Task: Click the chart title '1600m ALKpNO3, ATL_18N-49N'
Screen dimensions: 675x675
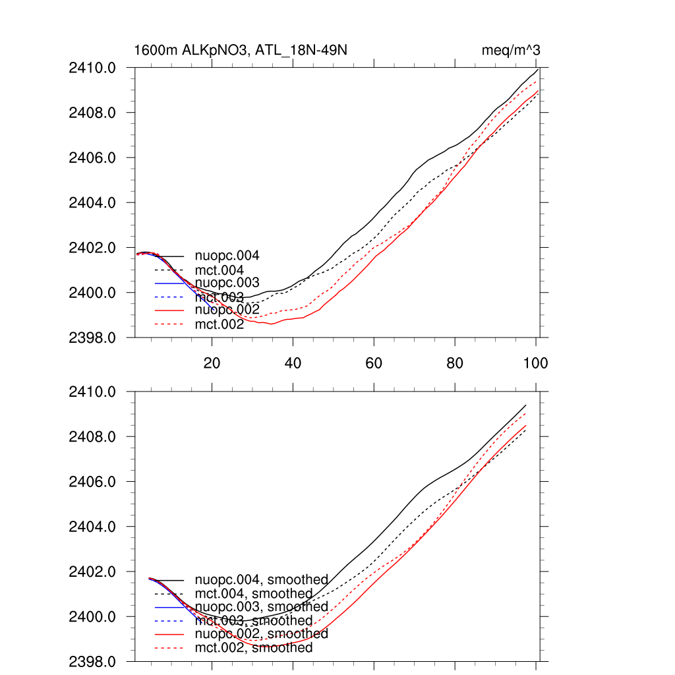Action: (241, 51)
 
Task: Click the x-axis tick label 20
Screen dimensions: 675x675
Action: (212, 363)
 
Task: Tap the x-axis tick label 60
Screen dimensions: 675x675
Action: (374, 363)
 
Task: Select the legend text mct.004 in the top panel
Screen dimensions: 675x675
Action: (220, 270)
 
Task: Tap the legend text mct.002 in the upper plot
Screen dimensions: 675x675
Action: (220, 324)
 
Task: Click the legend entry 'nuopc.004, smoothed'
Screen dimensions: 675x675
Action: (261, 580)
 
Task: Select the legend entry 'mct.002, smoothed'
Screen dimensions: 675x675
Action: (254, 648)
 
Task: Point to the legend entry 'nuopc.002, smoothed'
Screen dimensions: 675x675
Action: (261, 634)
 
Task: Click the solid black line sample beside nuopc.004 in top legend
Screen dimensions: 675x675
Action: (169, 256)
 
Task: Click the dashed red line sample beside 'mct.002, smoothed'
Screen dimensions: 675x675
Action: (169, 648)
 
